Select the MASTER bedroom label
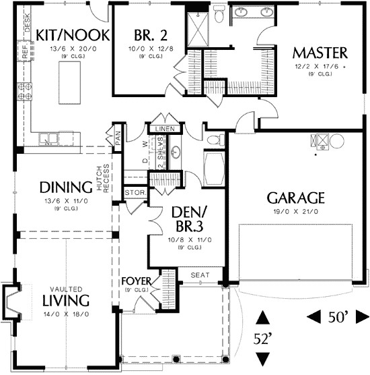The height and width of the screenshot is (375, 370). (x=320, y=52)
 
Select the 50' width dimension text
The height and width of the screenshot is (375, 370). (x=339, y=316)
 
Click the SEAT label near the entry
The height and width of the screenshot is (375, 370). (x=200, y=275)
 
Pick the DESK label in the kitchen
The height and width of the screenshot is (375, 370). (x=27, y=25)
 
